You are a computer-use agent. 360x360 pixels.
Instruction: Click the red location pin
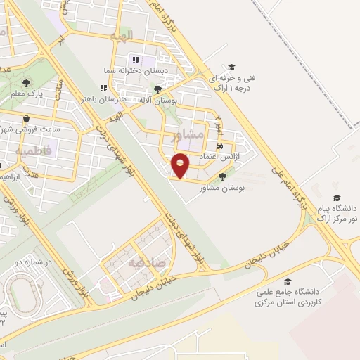pos(181,165)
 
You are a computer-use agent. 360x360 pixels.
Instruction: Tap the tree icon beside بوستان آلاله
pos(158,89)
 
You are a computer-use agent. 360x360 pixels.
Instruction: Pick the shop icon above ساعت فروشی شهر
pos(27,118)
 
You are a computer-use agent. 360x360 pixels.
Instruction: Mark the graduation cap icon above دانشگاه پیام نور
pos(336,198)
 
